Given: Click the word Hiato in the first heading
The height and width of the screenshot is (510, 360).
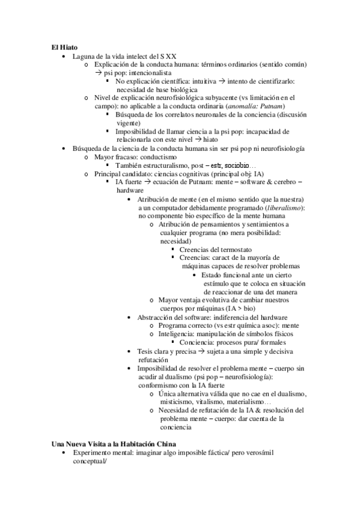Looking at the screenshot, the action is (x=69, y=47).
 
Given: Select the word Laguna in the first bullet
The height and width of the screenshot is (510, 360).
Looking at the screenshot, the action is (x=82, y=56).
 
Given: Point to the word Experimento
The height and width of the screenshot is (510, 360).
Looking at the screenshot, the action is (x=94, y=452).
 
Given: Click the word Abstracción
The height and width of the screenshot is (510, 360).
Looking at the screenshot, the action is (x=157, y=317).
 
